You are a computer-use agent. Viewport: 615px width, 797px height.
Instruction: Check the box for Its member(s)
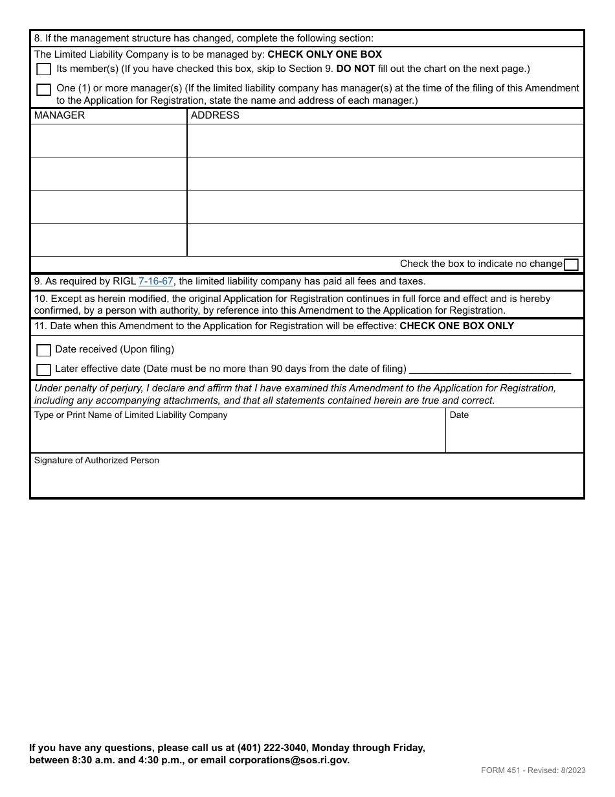[43, 69]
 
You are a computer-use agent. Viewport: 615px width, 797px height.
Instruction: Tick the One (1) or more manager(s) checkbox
[43, 89]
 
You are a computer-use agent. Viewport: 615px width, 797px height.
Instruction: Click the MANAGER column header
[60, 115]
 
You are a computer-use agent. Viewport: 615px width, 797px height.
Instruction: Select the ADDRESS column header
[215, 115]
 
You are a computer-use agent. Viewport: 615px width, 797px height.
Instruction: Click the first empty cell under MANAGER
[108, 141]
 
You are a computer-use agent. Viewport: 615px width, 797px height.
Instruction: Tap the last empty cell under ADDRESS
[385, 240]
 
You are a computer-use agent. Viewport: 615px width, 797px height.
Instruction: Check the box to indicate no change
[571, 264]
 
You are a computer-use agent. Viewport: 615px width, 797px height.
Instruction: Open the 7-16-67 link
[156, 281]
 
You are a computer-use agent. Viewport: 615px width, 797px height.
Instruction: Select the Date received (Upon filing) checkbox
[43, 350]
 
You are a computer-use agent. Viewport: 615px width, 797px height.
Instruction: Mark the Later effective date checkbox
[43, 369]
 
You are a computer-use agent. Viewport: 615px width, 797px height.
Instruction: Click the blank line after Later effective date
[490, 369]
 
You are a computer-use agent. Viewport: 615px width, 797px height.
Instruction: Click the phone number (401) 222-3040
[267, 748]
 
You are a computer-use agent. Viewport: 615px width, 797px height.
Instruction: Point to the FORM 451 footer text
[533, 770]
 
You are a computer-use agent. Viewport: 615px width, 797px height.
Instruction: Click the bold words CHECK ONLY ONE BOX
[324, 54]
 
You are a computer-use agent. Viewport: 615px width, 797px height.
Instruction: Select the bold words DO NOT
[355, 69]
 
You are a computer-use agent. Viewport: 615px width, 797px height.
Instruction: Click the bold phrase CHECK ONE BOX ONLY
[456, 326]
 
